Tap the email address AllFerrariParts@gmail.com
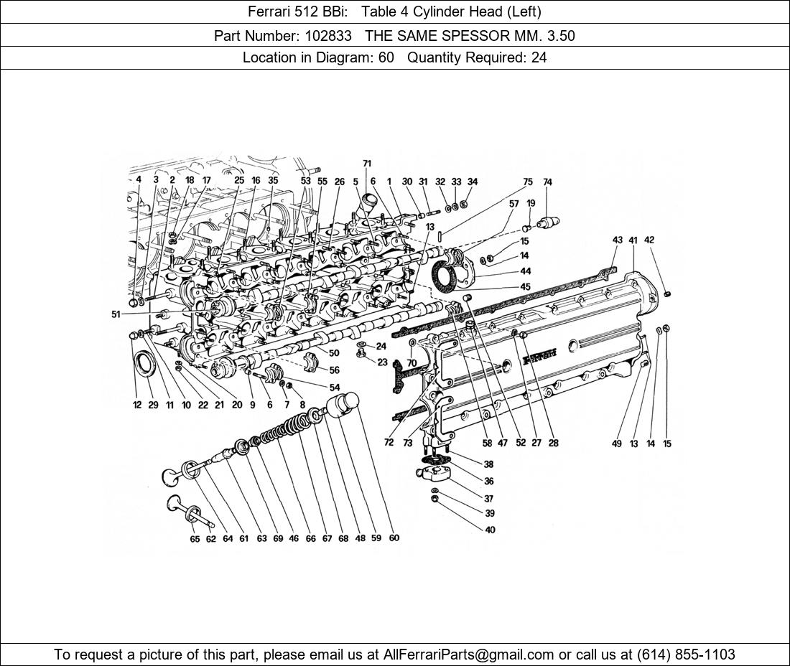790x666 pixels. pos(469,655)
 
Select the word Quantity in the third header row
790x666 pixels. pos(434,57)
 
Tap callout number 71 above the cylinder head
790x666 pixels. pos(367,164)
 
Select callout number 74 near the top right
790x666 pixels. pos(547,182)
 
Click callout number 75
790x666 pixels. pos(528,182)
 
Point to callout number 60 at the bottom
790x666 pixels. pos(394,538)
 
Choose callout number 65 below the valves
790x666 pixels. pos(195,539)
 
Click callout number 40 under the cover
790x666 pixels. pos(490,530)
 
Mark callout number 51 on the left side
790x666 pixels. pos(116,314)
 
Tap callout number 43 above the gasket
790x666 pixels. pos(617,240)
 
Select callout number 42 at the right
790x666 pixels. pos(649,240)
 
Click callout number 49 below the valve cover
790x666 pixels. pos(616,444)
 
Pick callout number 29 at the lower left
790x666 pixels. pos(153,405)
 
